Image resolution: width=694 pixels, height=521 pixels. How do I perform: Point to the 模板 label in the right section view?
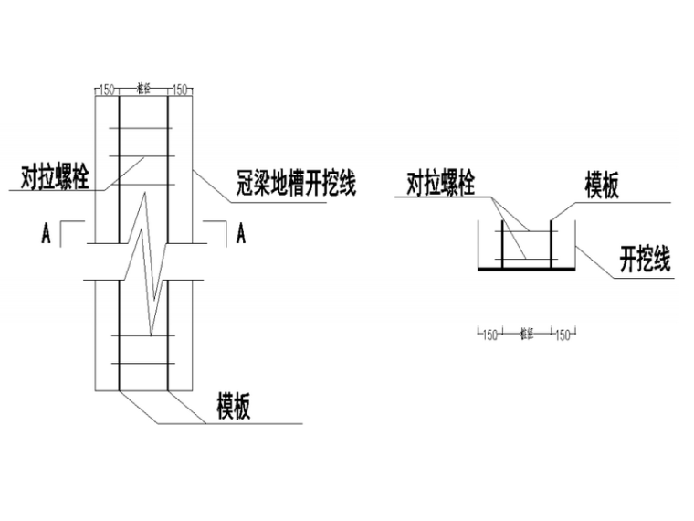tap(602, 186)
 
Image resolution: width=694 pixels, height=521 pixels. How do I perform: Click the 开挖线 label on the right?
tap(645, 260)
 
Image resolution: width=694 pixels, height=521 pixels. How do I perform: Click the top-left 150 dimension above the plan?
tap(108, 90)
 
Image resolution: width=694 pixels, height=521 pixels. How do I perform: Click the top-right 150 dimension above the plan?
tap(178, 90)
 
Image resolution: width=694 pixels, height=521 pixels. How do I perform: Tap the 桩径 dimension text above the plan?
tap(142, 89)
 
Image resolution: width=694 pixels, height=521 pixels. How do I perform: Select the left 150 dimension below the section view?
tap(489, 335)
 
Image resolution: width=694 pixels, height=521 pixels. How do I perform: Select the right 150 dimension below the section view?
tap(561, 335)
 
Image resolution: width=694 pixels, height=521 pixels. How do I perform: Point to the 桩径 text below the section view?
tap(525, 335)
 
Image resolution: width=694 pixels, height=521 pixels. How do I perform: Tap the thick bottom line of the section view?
tap(525, 270)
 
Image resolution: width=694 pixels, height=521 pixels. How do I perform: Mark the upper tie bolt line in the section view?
tap(525, 234)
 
